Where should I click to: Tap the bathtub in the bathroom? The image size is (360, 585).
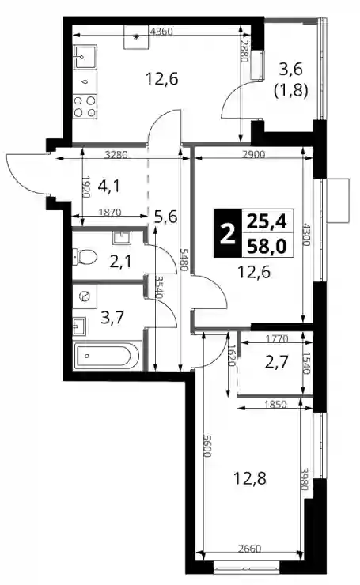click(107, 357)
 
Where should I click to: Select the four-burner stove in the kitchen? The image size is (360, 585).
click(85, 107)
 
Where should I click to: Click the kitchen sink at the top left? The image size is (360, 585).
click(85, 57)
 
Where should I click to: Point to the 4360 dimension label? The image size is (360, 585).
click(161, 32)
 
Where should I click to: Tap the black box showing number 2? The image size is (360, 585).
click(227, 233)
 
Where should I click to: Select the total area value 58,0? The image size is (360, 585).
click(267, 246)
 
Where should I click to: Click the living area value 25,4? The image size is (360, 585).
click(267, 222)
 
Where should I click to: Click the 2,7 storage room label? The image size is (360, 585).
click(277, 362)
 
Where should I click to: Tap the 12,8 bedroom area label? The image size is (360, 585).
click(250, 477)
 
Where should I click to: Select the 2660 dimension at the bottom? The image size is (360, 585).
click(249, 549)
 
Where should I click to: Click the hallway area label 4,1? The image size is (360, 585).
click(108, 186)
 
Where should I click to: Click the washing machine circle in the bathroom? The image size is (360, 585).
click(85, 296)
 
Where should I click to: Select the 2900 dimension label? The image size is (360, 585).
click(253, 154)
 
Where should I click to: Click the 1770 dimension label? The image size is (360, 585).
click(277, 339)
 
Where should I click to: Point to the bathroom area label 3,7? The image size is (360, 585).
click(112, 319)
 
